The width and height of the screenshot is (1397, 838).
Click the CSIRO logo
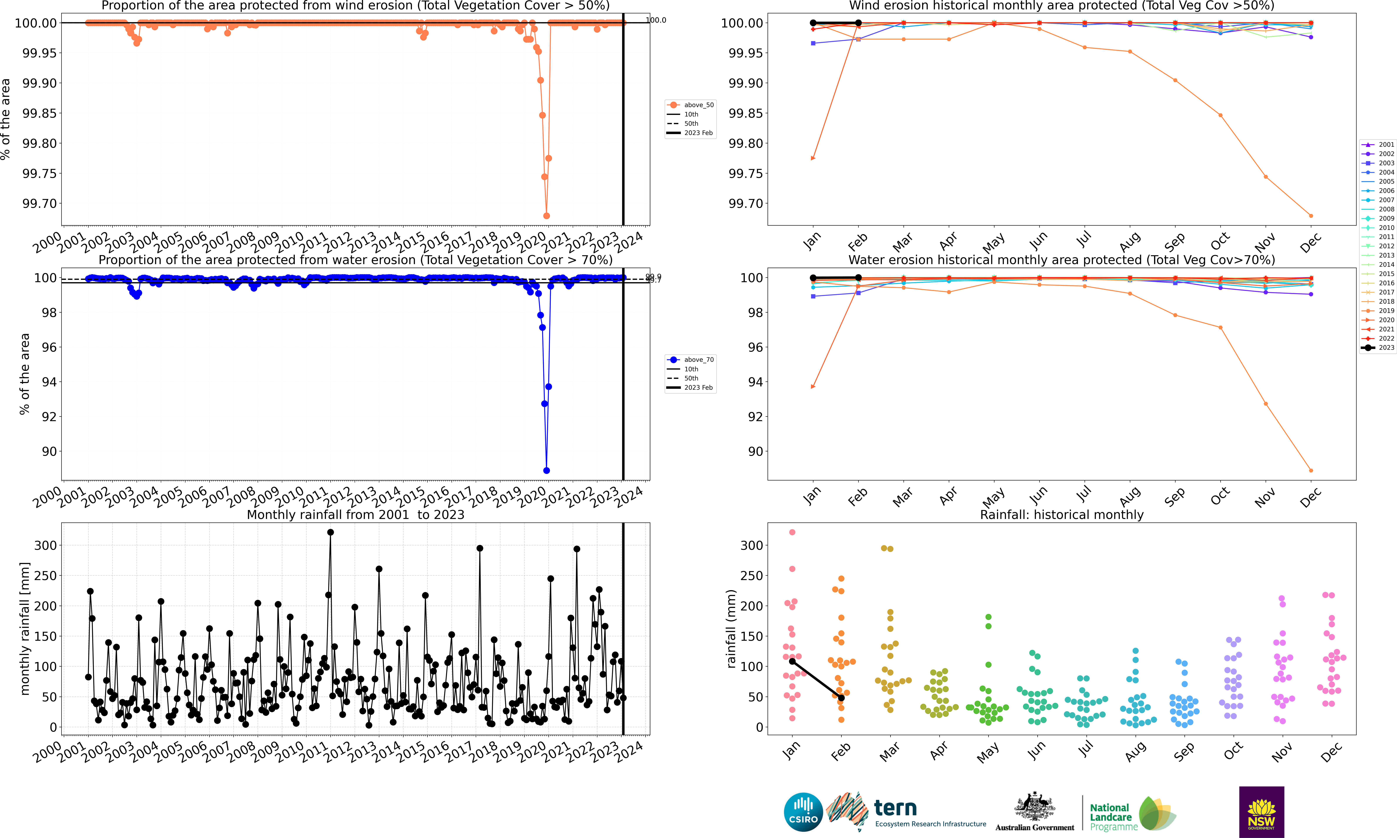803,812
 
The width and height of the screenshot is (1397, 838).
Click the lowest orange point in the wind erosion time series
546,216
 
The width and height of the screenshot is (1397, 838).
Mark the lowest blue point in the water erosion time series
546,470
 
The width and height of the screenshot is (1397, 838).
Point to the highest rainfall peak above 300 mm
331,532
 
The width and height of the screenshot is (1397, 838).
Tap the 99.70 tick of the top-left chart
40,203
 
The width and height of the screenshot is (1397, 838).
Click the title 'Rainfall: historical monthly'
1061,514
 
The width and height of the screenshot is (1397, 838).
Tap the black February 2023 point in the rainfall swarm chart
841,698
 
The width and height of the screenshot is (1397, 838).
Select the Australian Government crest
1034,806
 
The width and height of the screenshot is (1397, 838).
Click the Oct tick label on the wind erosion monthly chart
1220,242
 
